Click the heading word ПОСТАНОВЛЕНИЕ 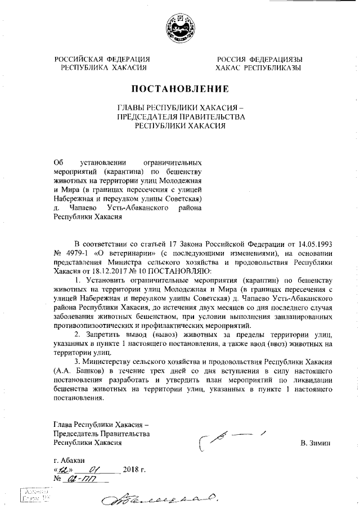tap(180, 89)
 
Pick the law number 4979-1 tap(75, 254)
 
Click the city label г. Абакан tap(69, 461)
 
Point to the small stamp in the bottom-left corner tap(34, 496)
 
